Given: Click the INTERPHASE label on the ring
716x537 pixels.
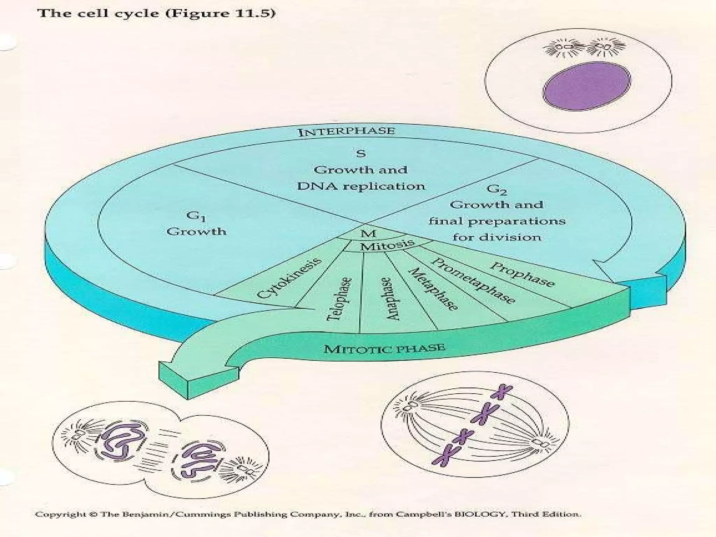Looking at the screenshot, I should click(x=346, y=132).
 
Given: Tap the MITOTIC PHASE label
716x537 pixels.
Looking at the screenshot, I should click(x=384, y=349).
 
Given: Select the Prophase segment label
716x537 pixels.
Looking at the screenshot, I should click(x=522, y=274).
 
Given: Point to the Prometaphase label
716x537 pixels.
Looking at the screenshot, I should click(x=473, y=281).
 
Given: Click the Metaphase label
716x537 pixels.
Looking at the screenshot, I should click(x=433, y=289).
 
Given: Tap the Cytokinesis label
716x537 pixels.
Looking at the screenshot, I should click(x=289, y=278).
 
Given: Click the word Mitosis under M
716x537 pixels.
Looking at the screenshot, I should click(x=387, y=244).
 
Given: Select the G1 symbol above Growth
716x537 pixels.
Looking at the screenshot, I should click(x=196, y=216).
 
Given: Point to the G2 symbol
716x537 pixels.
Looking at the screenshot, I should click(x=497, y=189).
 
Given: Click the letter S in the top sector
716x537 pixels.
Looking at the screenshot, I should click(x=361, y=153).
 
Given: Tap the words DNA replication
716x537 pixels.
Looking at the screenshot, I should click(x=361, y=186).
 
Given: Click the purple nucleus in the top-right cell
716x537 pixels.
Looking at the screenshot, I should click(x=587, y=86).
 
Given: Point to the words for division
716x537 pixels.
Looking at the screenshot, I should click(x=497, y=237).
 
